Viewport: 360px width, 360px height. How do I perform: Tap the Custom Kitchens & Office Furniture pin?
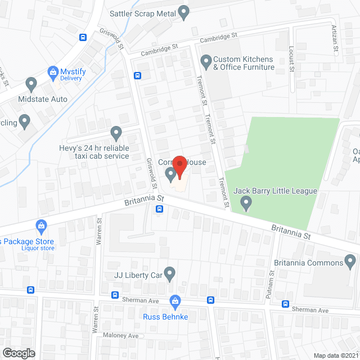click(205, 60)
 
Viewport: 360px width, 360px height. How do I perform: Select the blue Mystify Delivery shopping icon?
click(53, 72)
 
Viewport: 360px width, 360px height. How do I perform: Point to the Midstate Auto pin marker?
click(31, 85)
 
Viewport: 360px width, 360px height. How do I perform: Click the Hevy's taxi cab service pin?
click(116, 133)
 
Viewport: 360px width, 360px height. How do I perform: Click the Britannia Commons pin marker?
click(350, 260)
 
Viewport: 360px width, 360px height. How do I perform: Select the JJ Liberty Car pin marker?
click(170, 273)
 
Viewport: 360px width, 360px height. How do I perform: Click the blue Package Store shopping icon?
click(40, 227)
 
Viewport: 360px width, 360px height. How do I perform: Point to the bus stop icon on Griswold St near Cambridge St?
click(137, 76)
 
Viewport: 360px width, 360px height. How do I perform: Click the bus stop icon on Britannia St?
click(160, 209)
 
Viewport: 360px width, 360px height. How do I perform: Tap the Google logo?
click(18, 353)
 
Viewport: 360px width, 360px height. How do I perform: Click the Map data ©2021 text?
click(335, 355)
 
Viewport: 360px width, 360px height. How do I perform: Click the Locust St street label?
click(291, 60)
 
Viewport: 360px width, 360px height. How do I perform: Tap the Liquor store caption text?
click(38, 247)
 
